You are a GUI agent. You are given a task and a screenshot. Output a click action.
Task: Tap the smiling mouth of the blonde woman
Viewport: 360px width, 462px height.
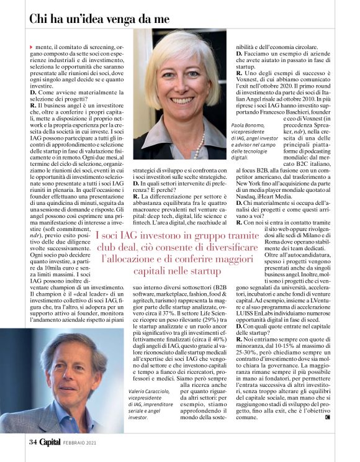coord(183,98)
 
